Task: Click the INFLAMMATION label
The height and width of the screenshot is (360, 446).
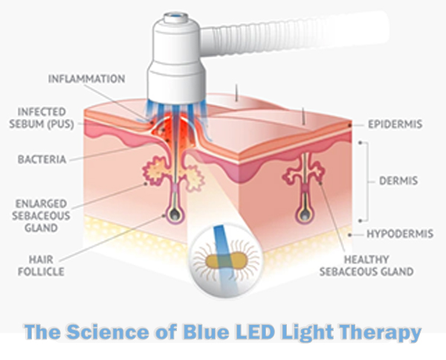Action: pos(87,78)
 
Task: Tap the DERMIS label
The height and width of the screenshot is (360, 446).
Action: pos(402,181)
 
